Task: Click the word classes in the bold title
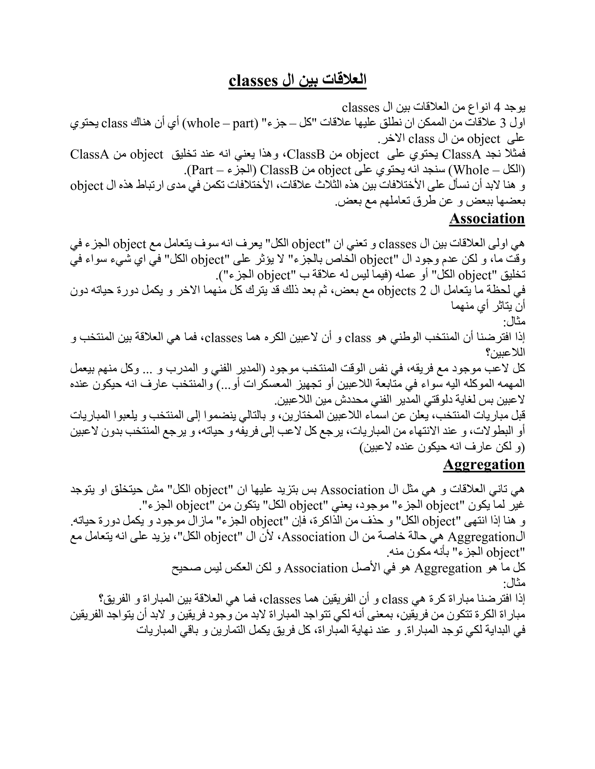click(x=254, y=81)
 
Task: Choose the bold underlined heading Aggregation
click(x=484, y=464)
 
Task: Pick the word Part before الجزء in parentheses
click(x=203, y=170)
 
